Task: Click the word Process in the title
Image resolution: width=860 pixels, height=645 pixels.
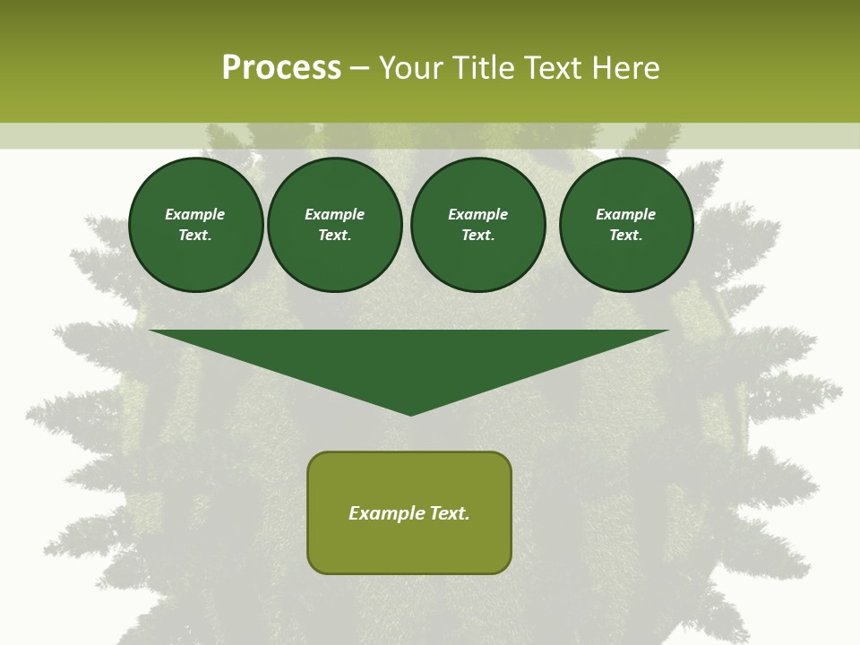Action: coord(281,68)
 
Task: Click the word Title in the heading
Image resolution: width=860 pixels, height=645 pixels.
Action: coord(483,68)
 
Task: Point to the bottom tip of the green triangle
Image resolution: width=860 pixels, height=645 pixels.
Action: coord(410,413)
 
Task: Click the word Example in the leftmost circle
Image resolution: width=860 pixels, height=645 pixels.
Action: coord(195,214)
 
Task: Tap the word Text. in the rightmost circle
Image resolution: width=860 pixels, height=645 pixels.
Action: coord(625,236)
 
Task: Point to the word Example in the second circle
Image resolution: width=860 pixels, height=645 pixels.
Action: coord(334,214)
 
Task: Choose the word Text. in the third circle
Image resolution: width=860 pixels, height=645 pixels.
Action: coord(477,236)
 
